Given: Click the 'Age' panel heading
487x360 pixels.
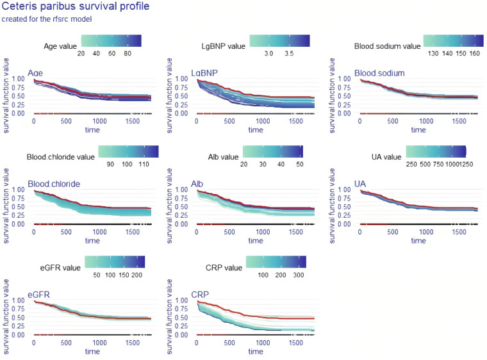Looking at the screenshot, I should point(36,72).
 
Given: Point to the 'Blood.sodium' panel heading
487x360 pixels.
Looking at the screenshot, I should point(379,72).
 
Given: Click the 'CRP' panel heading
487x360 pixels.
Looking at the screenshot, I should point(199,294).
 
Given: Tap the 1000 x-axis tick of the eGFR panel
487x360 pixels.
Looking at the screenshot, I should point(99,343).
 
